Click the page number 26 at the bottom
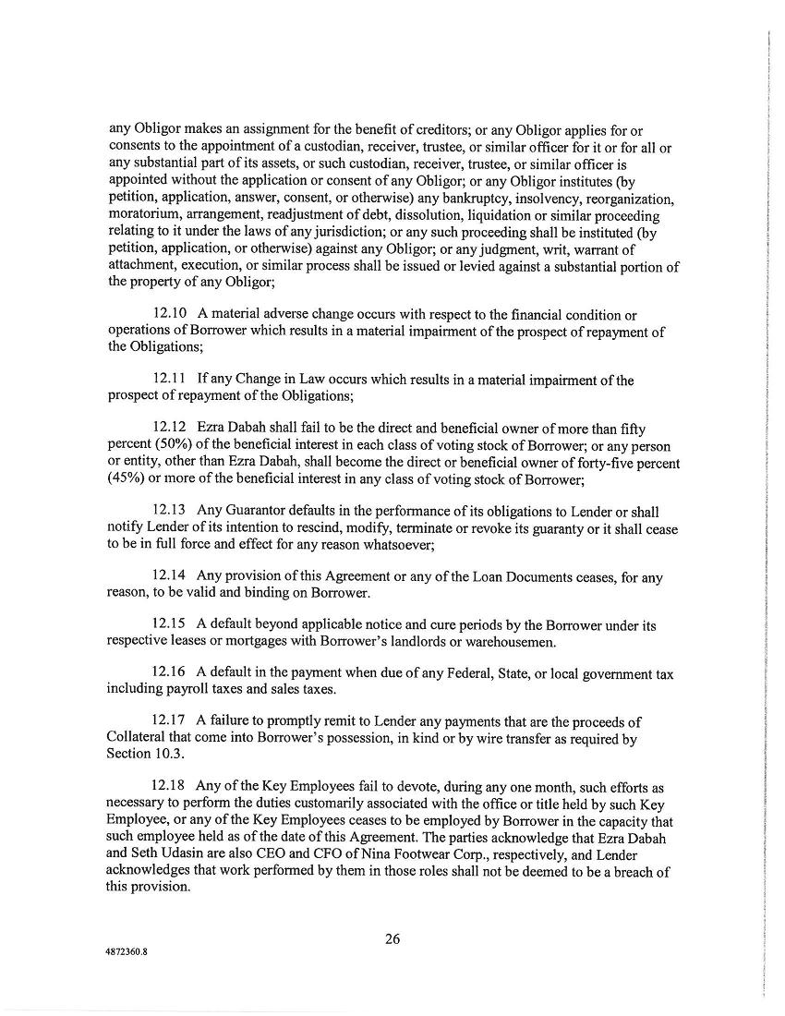392,940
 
